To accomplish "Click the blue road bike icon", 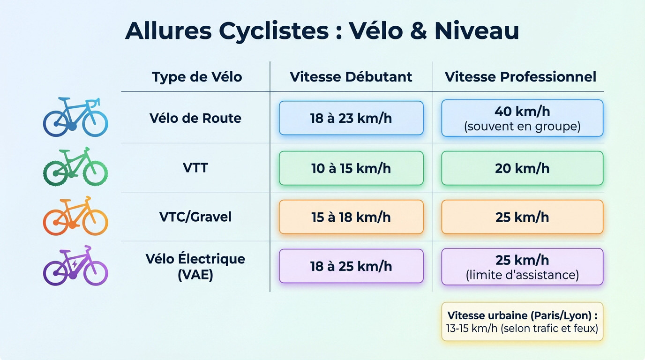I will tap(75, 117).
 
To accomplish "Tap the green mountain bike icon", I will tap(75, 167).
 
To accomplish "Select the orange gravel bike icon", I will tap(75, 216).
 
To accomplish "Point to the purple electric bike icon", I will tap(75, 266).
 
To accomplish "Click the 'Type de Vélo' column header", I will tap(196, 77).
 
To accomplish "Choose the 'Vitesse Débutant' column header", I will tap(351, 77).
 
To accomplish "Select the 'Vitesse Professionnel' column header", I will tap(520, 77).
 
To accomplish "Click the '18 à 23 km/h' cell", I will tap(351, 118).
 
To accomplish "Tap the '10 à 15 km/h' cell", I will tap(351, 168).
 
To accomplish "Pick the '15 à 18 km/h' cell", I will tap(351, 217).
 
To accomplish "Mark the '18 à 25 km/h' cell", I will tap(351, 266).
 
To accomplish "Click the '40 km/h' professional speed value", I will tap(522, 112).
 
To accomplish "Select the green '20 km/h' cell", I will tap(522, 168).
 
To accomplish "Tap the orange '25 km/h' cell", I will tap(522, 217).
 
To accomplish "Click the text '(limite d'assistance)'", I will tap(522, 275).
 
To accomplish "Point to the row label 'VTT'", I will tap(195, 167).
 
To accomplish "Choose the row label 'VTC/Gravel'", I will tap(195, 217).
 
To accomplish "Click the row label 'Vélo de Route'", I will tap(195, 118).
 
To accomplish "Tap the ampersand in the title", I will tap(414, 31).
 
